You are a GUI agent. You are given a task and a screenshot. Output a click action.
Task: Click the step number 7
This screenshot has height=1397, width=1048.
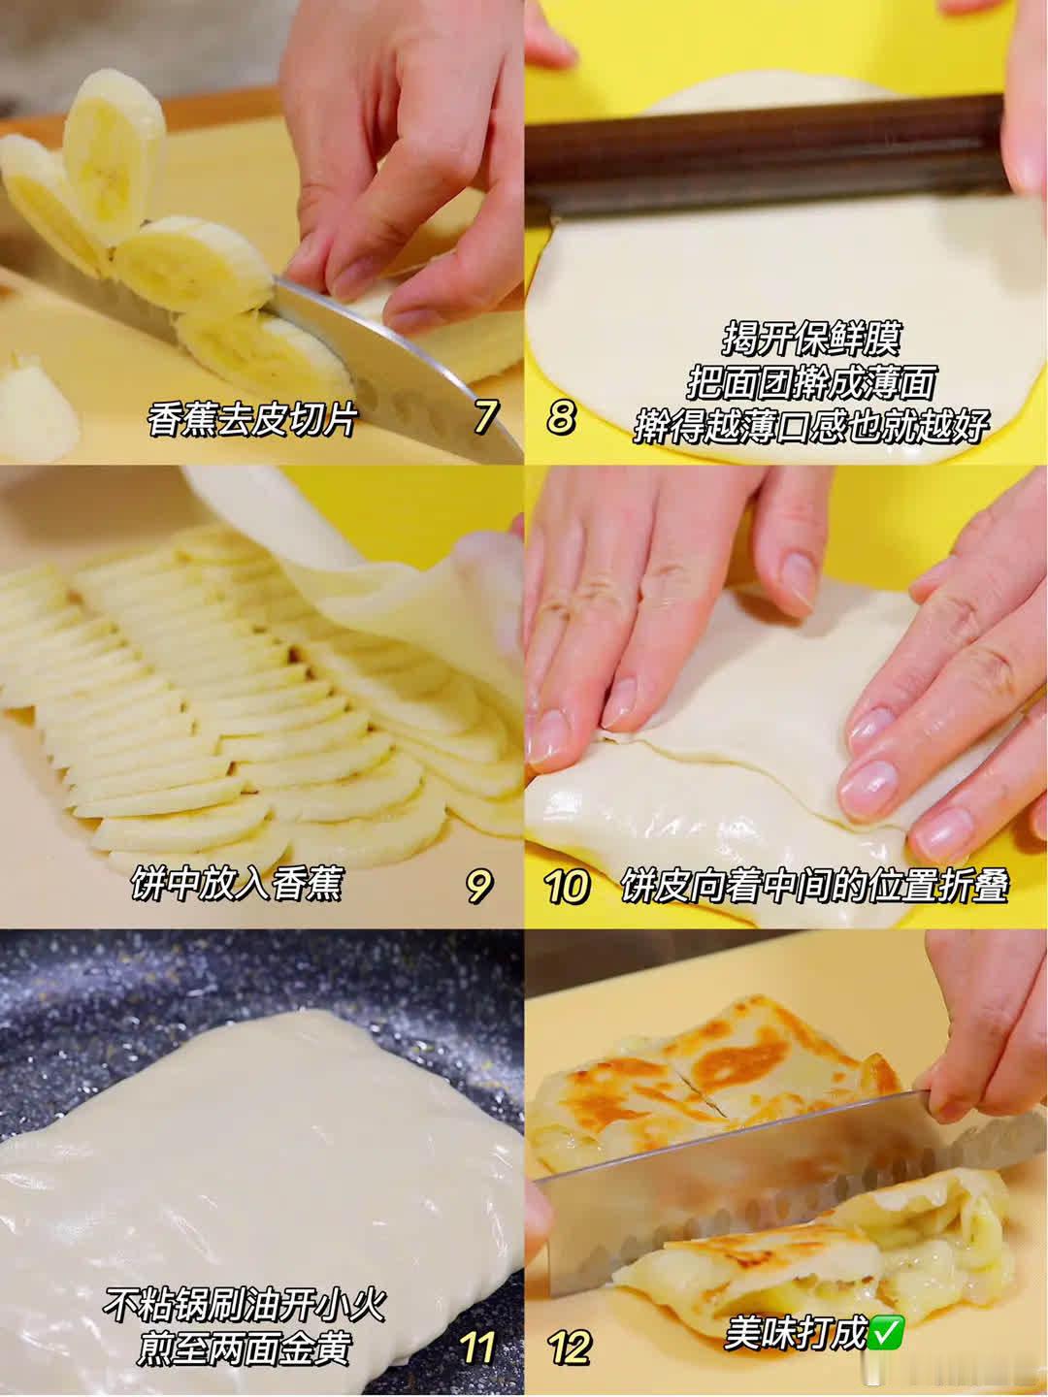[484, 417]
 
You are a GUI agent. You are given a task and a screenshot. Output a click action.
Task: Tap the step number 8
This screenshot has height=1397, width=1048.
[561, 417]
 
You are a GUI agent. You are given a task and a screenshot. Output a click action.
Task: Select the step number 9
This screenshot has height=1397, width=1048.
[478, 886]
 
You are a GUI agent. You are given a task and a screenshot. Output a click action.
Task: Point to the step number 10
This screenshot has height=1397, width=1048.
[567, 886]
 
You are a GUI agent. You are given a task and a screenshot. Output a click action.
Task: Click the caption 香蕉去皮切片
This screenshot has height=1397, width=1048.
[251, 419]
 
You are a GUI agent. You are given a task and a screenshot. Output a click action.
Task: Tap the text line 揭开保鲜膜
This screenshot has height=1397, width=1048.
[811, 339]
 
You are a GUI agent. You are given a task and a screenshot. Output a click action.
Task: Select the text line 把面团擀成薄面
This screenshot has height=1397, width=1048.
[811, 382]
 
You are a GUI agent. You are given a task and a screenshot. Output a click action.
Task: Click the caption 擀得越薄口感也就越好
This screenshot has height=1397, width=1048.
[811, 425]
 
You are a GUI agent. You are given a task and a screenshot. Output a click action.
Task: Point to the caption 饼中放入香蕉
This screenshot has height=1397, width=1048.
[237, 886]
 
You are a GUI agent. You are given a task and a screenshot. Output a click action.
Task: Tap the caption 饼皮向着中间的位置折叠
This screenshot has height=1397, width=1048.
[815, 886]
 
